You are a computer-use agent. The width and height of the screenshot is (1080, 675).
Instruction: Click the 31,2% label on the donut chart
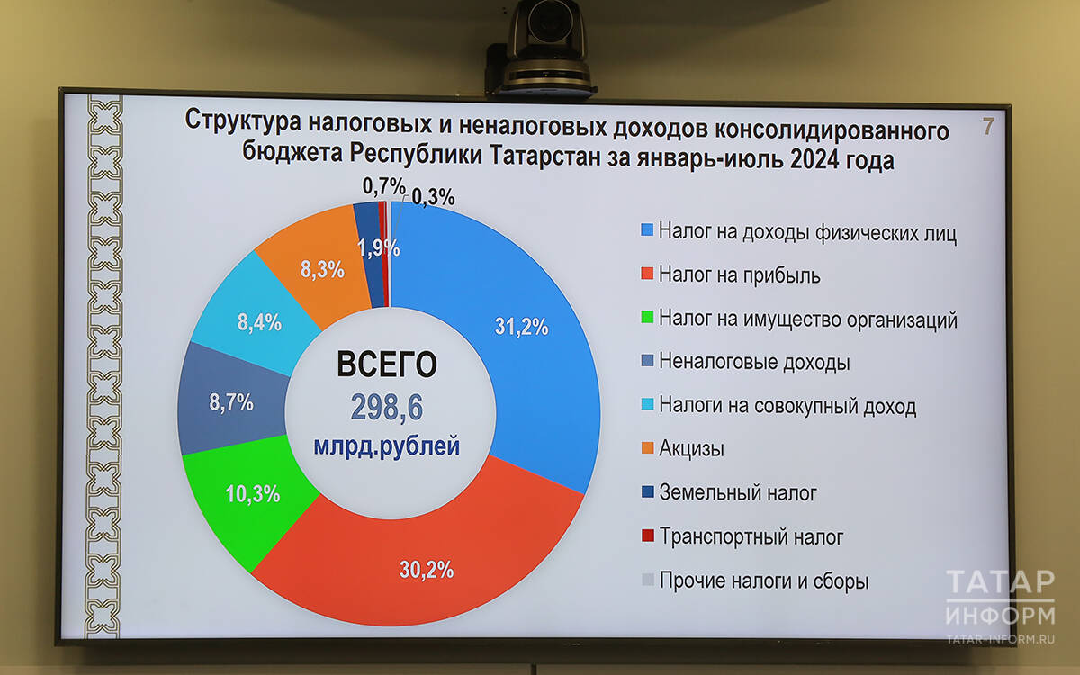[522, 327]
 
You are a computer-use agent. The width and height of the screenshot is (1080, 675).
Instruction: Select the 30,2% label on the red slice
[427, 570]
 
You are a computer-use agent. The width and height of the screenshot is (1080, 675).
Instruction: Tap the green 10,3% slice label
[253, 494]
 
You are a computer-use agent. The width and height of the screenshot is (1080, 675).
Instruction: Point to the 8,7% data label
[231, 401]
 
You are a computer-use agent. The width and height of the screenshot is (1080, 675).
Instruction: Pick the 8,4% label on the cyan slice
[259, 322]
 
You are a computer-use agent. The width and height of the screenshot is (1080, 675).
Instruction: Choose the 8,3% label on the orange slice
[322, 269]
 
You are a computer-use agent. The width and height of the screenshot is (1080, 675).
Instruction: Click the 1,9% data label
[379, 247]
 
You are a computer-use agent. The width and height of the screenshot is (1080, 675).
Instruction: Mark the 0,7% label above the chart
[383, 186]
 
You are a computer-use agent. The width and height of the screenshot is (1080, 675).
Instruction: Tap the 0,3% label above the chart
[434, 197]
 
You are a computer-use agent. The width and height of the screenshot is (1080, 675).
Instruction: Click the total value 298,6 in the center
[387, 408]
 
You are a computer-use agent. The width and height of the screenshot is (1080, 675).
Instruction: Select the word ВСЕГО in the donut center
[387, 364]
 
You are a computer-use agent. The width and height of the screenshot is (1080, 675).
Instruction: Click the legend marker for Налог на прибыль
[647, 274]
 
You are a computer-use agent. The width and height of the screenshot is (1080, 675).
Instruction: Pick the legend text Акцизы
[691, 448]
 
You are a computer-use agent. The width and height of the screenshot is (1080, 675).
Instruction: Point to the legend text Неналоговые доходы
[754, 362]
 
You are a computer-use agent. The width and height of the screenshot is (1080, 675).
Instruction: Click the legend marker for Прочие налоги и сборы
[648, 580]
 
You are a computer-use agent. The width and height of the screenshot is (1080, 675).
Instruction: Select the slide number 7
[988, 127]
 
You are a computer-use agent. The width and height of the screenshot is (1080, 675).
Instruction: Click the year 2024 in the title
[814, 159]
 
